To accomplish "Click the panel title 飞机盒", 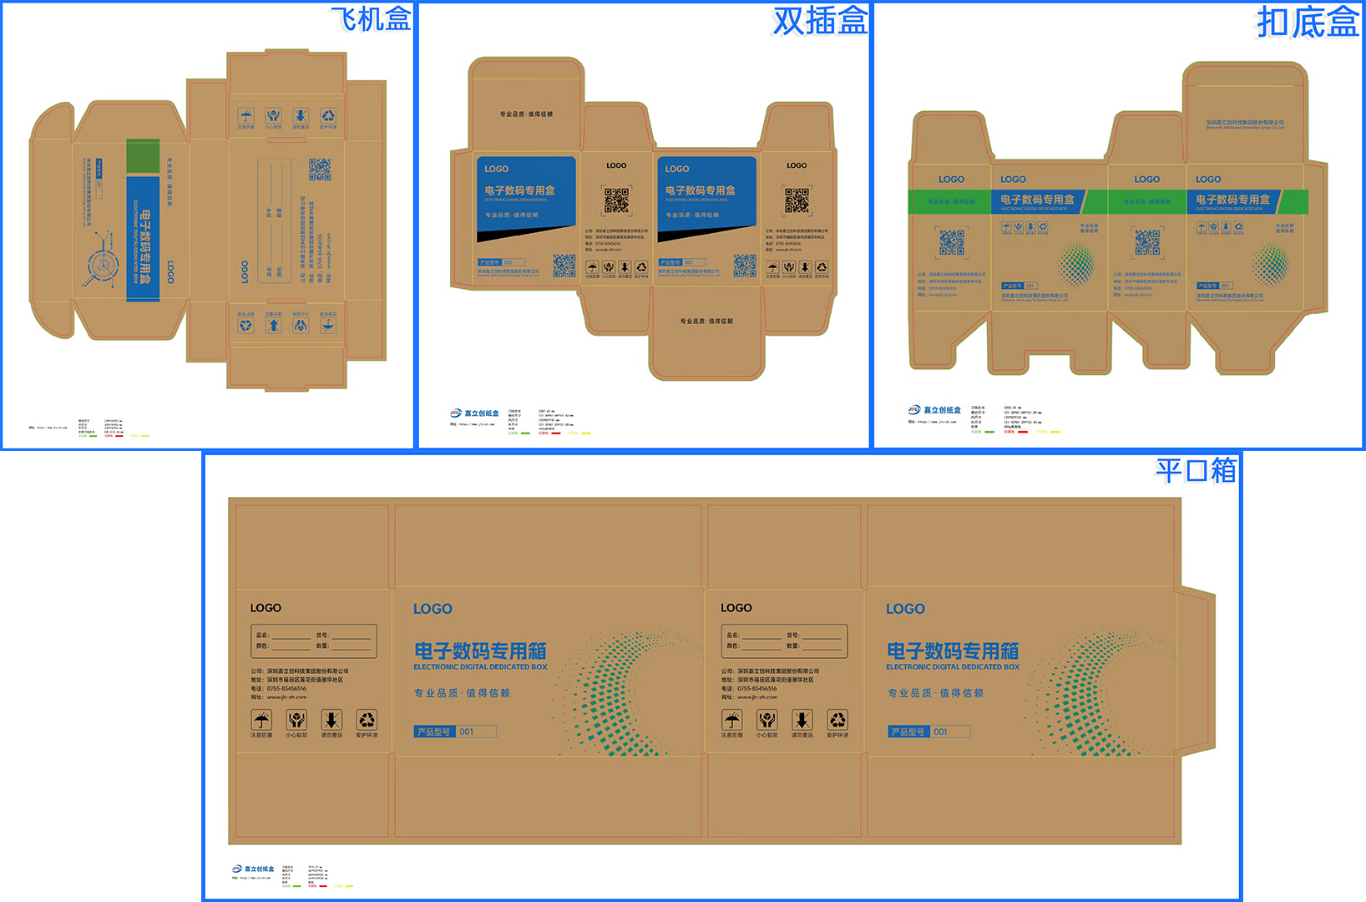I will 371,18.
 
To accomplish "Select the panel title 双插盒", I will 820,20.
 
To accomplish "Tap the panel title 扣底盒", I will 1308,22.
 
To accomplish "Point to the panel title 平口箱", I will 1195,470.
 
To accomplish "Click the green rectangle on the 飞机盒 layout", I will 143,156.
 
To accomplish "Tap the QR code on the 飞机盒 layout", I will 319,169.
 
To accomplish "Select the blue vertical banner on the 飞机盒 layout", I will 143,239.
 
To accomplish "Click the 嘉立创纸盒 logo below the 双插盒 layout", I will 475,413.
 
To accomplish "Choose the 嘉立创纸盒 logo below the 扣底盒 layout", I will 935,410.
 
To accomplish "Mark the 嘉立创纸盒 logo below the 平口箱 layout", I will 253,869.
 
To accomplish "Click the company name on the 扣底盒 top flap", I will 1244,124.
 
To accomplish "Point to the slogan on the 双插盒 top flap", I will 526,114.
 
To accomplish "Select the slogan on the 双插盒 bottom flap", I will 706,321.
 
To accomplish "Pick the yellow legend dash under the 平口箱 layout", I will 349,886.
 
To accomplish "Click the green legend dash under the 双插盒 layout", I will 525,433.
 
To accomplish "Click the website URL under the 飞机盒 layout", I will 48,428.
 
